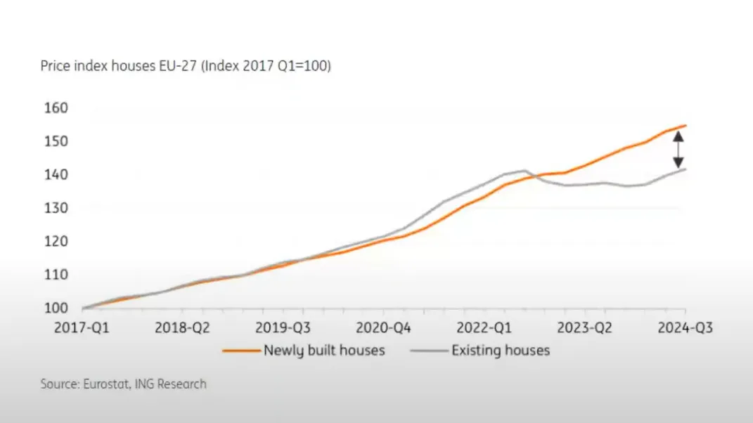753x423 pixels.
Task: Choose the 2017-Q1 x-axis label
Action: coord(82,327)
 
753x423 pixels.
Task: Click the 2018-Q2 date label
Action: coord(183,327)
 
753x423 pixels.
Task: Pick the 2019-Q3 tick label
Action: coord(283,327)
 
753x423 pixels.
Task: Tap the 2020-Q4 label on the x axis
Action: coord(383,327)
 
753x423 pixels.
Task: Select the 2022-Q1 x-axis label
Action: coord(484,327)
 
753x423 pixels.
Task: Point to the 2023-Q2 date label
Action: coord(584,327)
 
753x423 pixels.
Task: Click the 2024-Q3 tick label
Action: coord(684,327)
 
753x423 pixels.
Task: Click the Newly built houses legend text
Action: coord(324,350)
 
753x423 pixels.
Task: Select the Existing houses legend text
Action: coord(501,350)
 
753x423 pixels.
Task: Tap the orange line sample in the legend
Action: coord(241,351)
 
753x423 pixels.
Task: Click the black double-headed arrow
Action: coord(678,150)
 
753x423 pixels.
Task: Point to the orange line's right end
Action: coord(686,126)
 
